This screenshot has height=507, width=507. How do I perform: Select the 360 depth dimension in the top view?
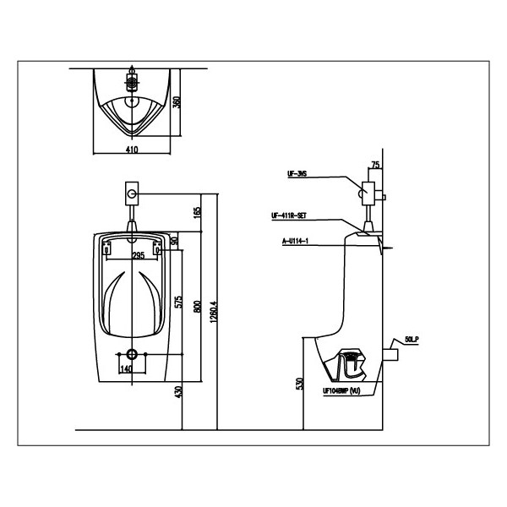[177, 104]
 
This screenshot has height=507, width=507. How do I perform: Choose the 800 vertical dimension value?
[197, 308]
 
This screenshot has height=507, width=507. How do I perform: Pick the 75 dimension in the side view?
[375, 166]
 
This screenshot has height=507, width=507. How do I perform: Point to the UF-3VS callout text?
[297, 175]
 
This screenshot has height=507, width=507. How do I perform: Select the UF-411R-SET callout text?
[290, 215]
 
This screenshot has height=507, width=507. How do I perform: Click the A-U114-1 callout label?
[294, 241]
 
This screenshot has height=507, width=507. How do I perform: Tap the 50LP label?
[412, 339]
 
